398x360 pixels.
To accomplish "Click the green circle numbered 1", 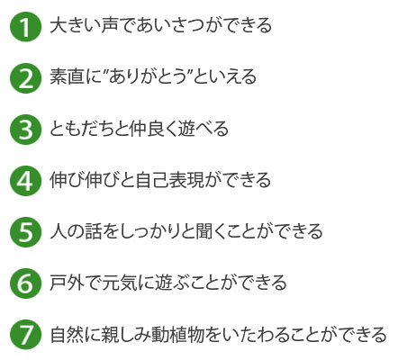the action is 25,27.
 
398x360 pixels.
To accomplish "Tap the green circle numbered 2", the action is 25,78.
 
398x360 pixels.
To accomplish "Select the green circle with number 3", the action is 25,130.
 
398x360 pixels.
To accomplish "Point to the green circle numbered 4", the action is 25,181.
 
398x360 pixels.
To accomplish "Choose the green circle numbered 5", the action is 25,232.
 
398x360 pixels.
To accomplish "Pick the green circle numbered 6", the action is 25,283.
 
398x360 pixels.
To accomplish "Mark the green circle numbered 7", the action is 25,335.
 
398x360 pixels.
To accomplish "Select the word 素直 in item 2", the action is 67,76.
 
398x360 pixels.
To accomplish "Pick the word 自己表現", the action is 169,179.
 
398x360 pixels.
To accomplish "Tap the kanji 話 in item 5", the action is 93,231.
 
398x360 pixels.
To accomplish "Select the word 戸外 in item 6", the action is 67,282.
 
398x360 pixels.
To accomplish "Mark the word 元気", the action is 119,282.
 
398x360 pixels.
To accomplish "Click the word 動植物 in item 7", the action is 177,334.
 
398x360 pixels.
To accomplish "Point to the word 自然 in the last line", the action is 67,334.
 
